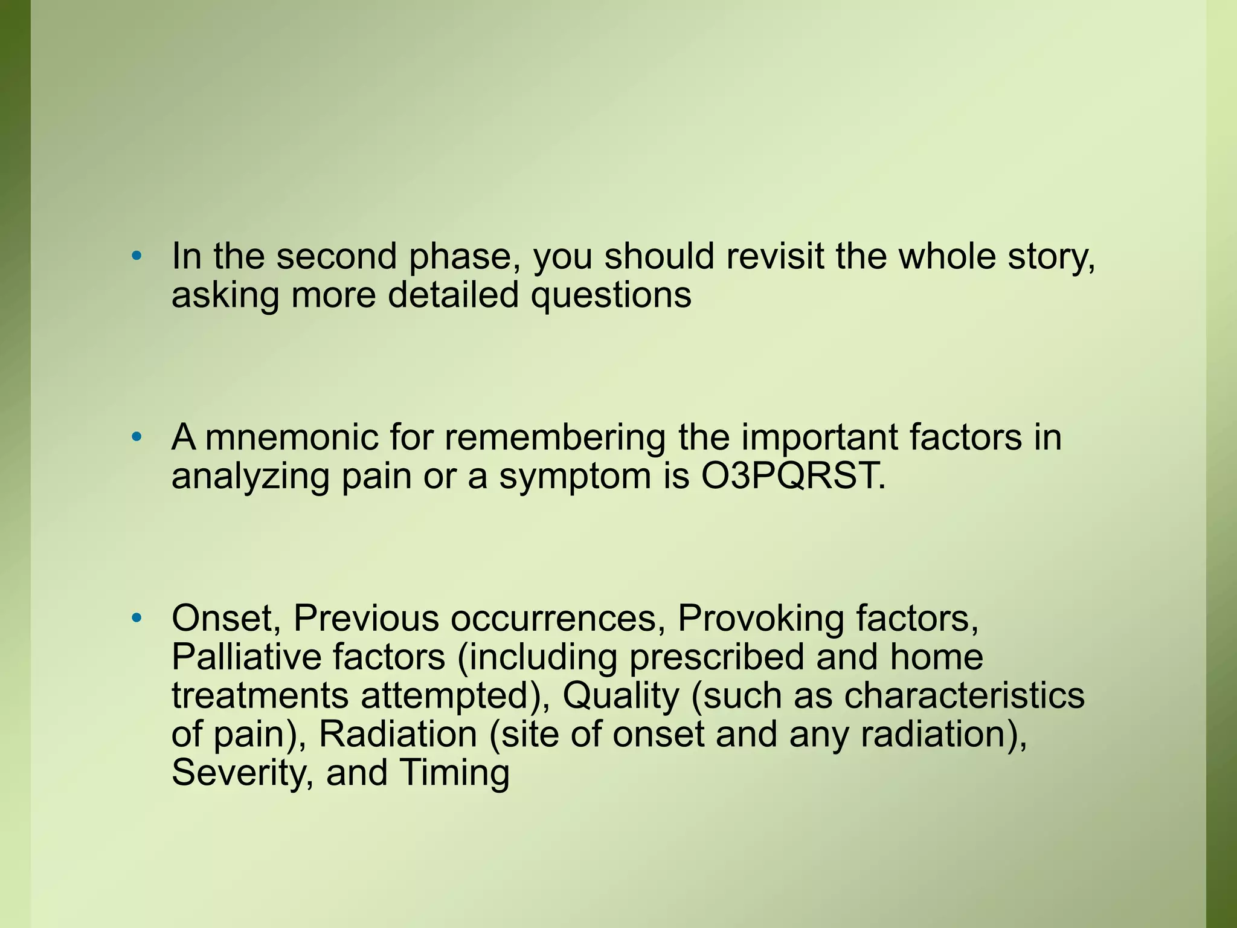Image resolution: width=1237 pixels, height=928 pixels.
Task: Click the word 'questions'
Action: coord(611,296)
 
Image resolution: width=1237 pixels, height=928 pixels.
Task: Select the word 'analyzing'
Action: coord(251,477)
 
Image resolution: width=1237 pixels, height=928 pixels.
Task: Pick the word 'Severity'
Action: coord(242,773)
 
